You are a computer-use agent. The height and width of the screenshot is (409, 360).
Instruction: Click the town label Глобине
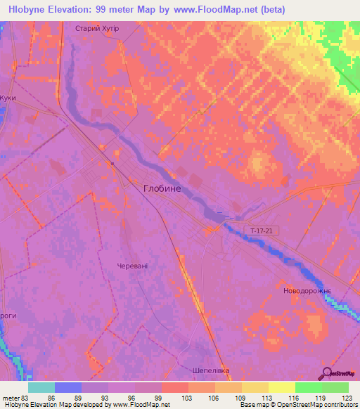(x=165, y=188)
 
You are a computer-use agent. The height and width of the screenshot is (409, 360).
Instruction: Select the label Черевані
(x=132, y=266)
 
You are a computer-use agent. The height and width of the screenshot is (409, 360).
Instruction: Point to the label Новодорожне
(x=306, y=290)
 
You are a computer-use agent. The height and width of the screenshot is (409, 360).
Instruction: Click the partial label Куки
(x=8, y=98)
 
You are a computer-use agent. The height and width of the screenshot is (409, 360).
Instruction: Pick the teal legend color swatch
(x=41, y=387)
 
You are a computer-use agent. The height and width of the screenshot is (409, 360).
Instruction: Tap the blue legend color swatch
(x=68, y=387)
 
